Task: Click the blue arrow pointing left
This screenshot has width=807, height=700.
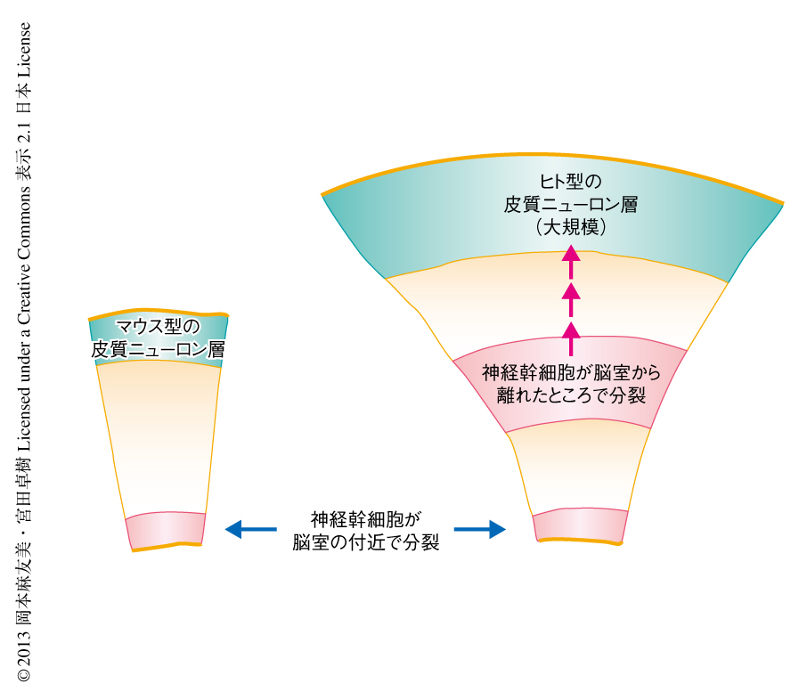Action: tap(250, 530)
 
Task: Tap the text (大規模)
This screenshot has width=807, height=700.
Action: tap(571, 227)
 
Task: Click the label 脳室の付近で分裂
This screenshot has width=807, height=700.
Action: tap(365, 541)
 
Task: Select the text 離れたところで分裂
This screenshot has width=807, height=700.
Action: tap(571, 394)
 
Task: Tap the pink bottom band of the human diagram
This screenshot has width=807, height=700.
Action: tap(580, 525)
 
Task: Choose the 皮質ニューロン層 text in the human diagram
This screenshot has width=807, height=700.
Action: tap(571, 205)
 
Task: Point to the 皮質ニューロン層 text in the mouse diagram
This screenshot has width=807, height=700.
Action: tap(158, 351)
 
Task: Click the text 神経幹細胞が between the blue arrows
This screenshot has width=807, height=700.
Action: tap(365, 519)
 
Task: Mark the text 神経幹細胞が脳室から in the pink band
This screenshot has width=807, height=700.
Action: tap(571, 371)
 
